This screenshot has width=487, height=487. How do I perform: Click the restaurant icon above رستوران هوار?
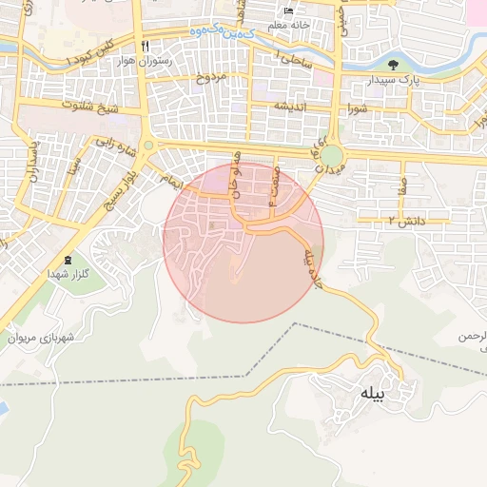click(x=146, y=46)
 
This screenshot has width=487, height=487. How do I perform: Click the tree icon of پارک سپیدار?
click(x=394, y=65)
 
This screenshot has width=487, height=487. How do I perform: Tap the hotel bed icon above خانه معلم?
click(x=289, y=11)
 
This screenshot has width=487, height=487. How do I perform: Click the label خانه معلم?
click(x=289, y=25)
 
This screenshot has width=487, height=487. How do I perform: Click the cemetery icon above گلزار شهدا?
click(x=68, y=260)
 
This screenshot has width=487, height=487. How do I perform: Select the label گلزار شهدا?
click(x=68, y=274)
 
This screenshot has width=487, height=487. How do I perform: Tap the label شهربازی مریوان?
click(x=41, y=337)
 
